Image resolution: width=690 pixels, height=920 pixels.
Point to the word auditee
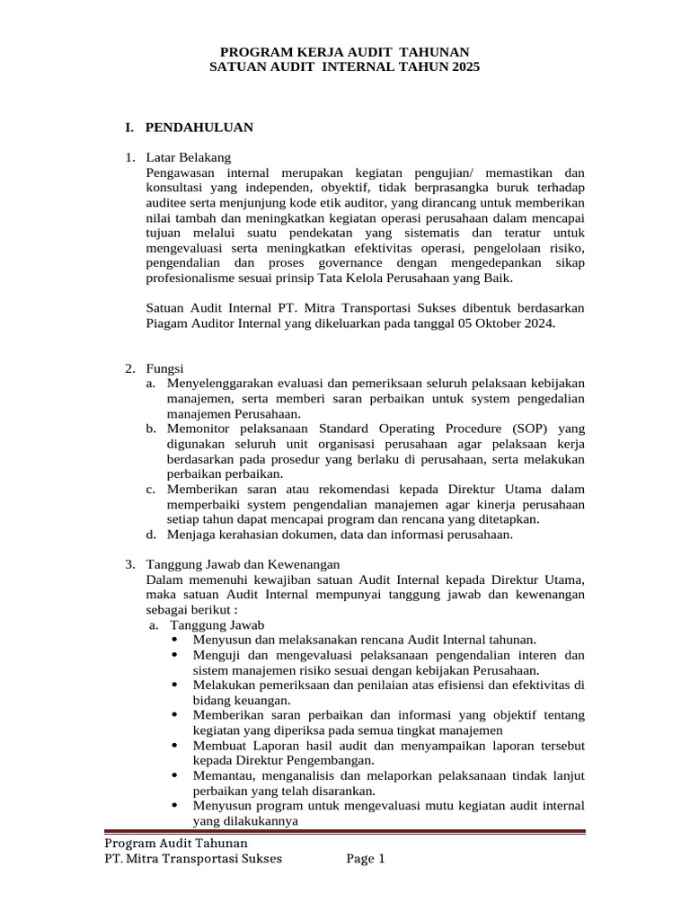tap(168, 204)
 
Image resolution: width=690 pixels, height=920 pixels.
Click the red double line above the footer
tap(345, 832)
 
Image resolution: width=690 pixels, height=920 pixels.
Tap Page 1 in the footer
tap(366, 858)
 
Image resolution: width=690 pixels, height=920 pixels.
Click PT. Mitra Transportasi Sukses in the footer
tap(193, 858)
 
